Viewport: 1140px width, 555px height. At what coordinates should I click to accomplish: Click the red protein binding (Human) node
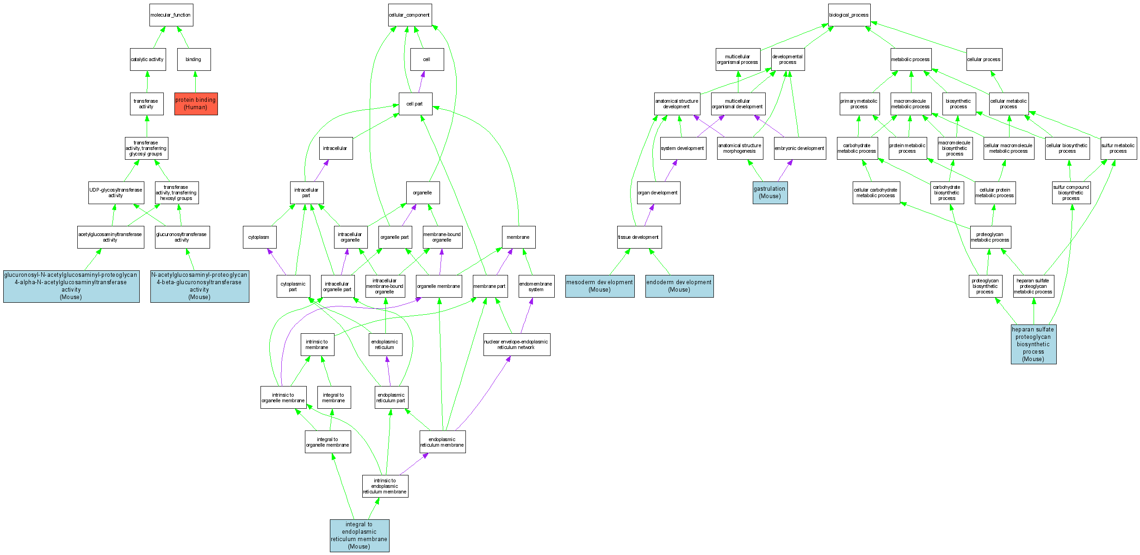(196, 104)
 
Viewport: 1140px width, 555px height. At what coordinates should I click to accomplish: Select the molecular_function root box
(171, 15)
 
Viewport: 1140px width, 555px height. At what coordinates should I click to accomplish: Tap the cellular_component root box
(409, 15)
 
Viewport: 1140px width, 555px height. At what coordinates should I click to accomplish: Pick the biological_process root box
(849, 15)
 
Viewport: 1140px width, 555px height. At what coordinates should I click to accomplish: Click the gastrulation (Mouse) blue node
(770, 193)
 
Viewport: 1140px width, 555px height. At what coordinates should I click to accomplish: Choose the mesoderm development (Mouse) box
(600, 286)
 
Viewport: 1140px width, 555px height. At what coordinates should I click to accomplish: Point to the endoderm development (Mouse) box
(679, 286)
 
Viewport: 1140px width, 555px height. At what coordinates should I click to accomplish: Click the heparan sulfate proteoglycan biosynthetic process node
(1033, 344)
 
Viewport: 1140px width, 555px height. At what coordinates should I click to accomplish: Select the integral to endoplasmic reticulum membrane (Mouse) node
(359, 536)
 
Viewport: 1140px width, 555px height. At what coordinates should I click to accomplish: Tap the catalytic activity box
(148, 60)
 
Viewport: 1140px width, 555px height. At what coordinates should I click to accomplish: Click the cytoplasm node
(259, 237)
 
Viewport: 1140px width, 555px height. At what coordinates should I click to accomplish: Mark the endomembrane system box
(536, 287)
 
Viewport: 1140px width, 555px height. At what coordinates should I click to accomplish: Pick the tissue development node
(639, 237)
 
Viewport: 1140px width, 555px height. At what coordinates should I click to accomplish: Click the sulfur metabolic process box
(1118, 149)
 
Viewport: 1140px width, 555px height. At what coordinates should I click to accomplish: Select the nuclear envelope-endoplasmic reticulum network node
(516, 345)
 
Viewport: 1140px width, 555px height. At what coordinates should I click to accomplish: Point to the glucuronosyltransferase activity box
(182, 237)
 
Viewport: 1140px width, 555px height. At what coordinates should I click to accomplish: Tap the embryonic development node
(799, 149)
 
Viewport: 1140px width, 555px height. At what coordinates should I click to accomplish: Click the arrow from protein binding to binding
(195, 82)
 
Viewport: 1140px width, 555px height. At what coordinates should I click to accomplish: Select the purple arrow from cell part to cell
(421, 82)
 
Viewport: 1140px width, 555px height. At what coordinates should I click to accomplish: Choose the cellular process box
(984, 60)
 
